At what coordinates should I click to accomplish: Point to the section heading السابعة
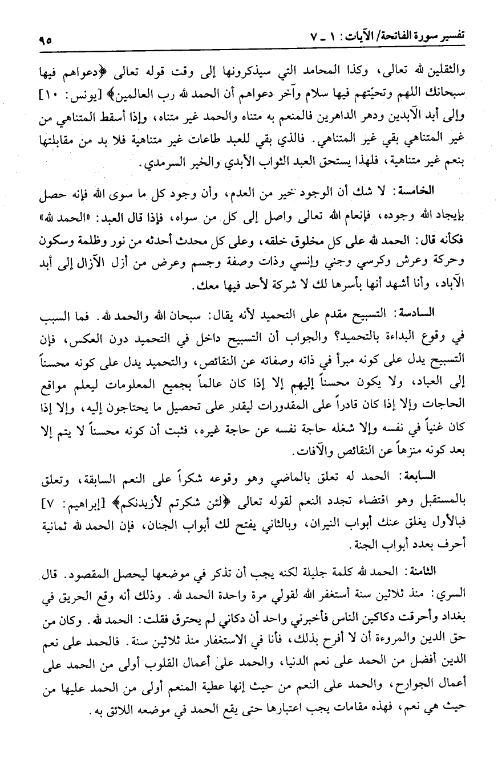coord(439,473)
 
